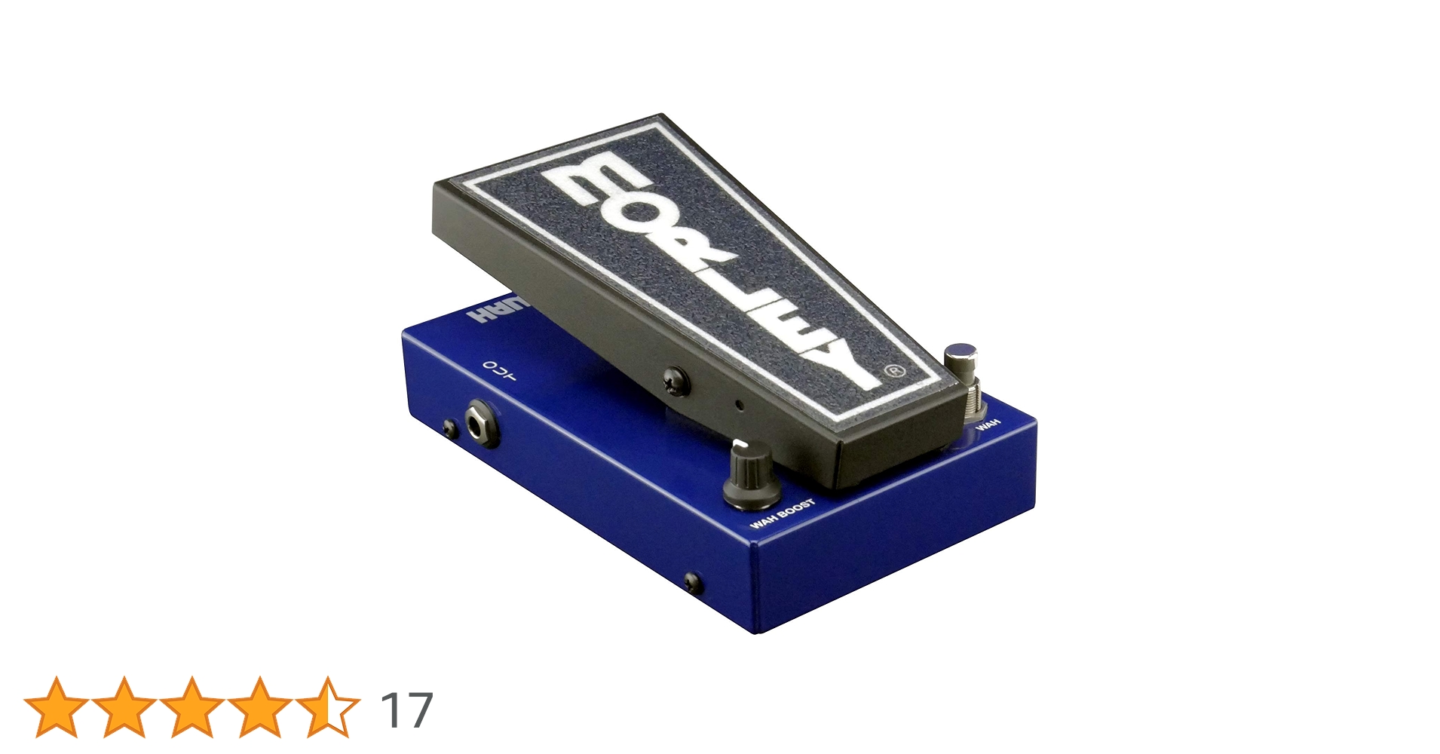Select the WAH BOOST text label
783,513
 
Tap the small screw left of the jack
449,428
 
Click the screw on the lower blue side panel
692,582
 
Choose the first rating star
57,707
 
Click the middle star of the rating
191,707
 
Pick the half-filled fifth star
327,707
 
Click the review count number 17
407,710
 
